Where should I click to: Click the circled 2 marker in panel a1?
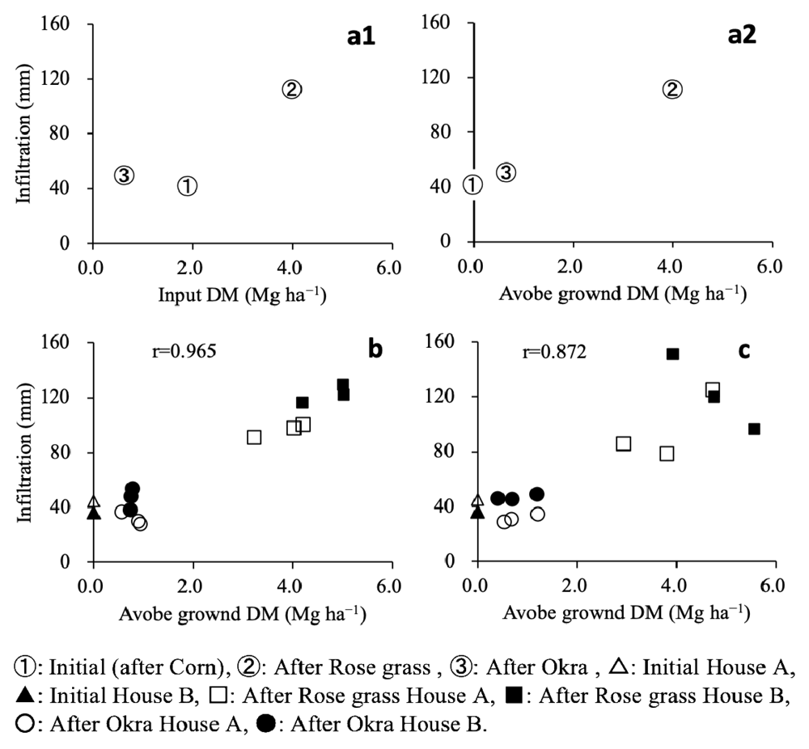click(292, 90)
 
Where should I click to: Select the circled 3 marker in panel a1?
click(123, 175)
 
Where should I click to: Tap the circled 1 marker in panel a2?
click(472, 185)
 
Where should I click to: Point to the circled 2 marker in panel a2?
click(672, 90)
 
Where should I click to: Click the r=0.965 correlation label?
click(176, 353)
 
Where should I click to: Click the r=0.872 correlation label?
click(555, 353)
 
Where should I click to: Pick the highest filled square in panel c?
click(672, 353)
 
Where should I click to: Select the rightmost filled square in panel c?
click(754, 429)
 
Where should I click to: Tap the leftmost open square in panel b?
click(254, 437)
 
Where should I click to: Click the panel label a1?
click(358, 38)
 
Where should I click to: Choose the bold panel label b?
click(375, 350)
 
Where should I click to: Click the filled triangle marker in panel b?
click(94, 513)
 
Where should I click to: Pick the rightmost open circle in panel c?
click(537, 514)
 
